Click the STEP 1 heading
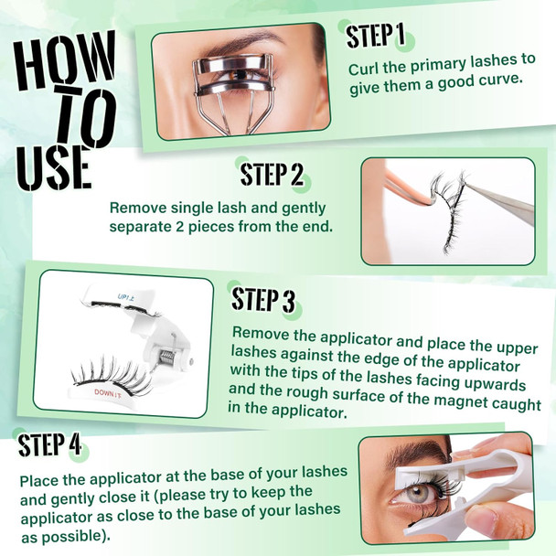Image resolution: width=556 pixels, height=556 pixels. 375,36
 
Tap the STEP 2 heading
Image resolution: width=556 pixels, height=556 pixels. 272,174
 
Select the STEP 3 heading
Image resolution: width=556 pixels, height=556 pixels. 262,299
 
